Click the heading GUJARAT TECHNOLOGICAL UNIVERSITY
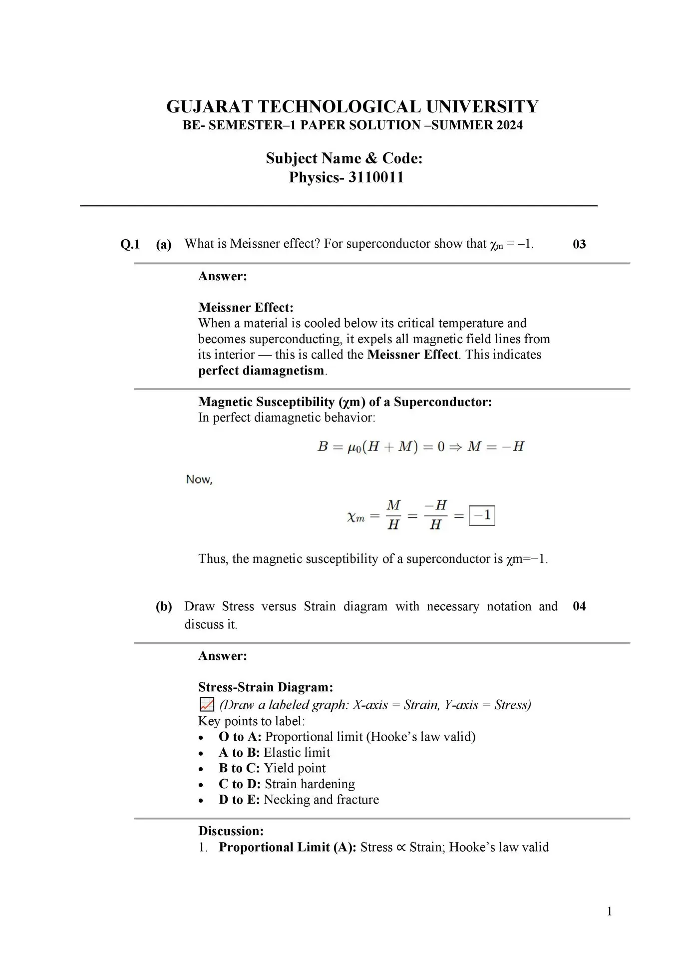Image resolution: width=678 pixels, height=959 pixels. [352, 107]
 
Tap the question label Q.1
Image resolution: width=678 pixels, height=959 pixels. [130, 244]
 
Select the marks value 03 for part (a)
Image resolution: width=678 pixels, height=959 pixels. [579, 244]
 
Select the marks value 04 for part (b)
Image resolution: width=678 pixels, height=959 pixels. [579, 606]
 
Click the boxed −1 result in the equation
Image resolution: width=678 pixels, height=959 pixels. [482, 515]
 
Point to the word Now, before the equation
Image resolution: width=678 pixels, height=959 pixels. [199, 479]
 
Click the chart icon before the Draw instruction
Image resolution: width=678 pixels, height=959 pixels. [206, 705]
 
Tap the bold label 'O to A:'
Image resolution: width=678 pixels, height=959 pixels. [240, 737]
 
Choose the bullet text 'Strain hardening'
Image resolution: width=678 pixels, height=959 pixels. [310, 784]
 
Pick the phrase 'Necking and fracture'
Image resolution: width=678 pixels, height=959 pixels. [321, 800]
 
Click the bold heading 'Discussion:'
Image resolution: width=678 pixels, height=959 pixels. [231, 831]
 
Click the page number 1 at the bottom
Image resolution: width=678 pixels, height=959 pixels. [609, 912]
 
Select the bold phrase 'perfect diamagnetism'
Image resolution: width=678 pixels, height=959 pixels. [261, 371]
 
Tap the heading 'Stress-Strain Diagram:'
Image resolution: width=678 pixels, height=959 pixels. [265, 687]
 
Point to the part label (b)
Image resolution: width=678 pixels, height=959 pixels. [164, 606]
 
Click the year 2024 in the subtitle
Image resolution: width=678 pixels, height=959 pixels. [509, 125]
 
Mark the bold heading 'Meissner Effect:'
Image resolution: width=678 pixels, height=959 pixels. [246, 307]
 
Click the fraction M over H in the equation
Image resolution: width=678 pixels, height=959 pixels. [393, 515]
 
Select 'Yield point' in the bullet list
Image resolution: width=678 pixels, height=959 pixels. [295, 768]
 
